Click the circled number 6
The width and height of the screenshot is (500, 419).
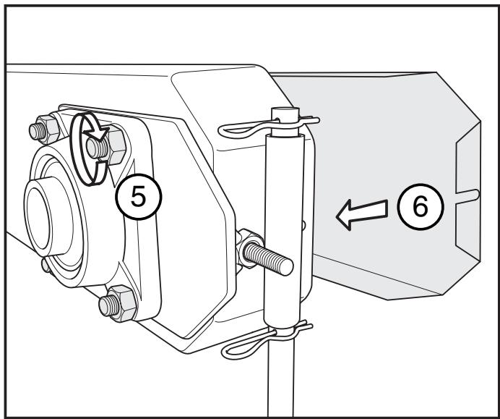pyautogui.click(x=419, y=207)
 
